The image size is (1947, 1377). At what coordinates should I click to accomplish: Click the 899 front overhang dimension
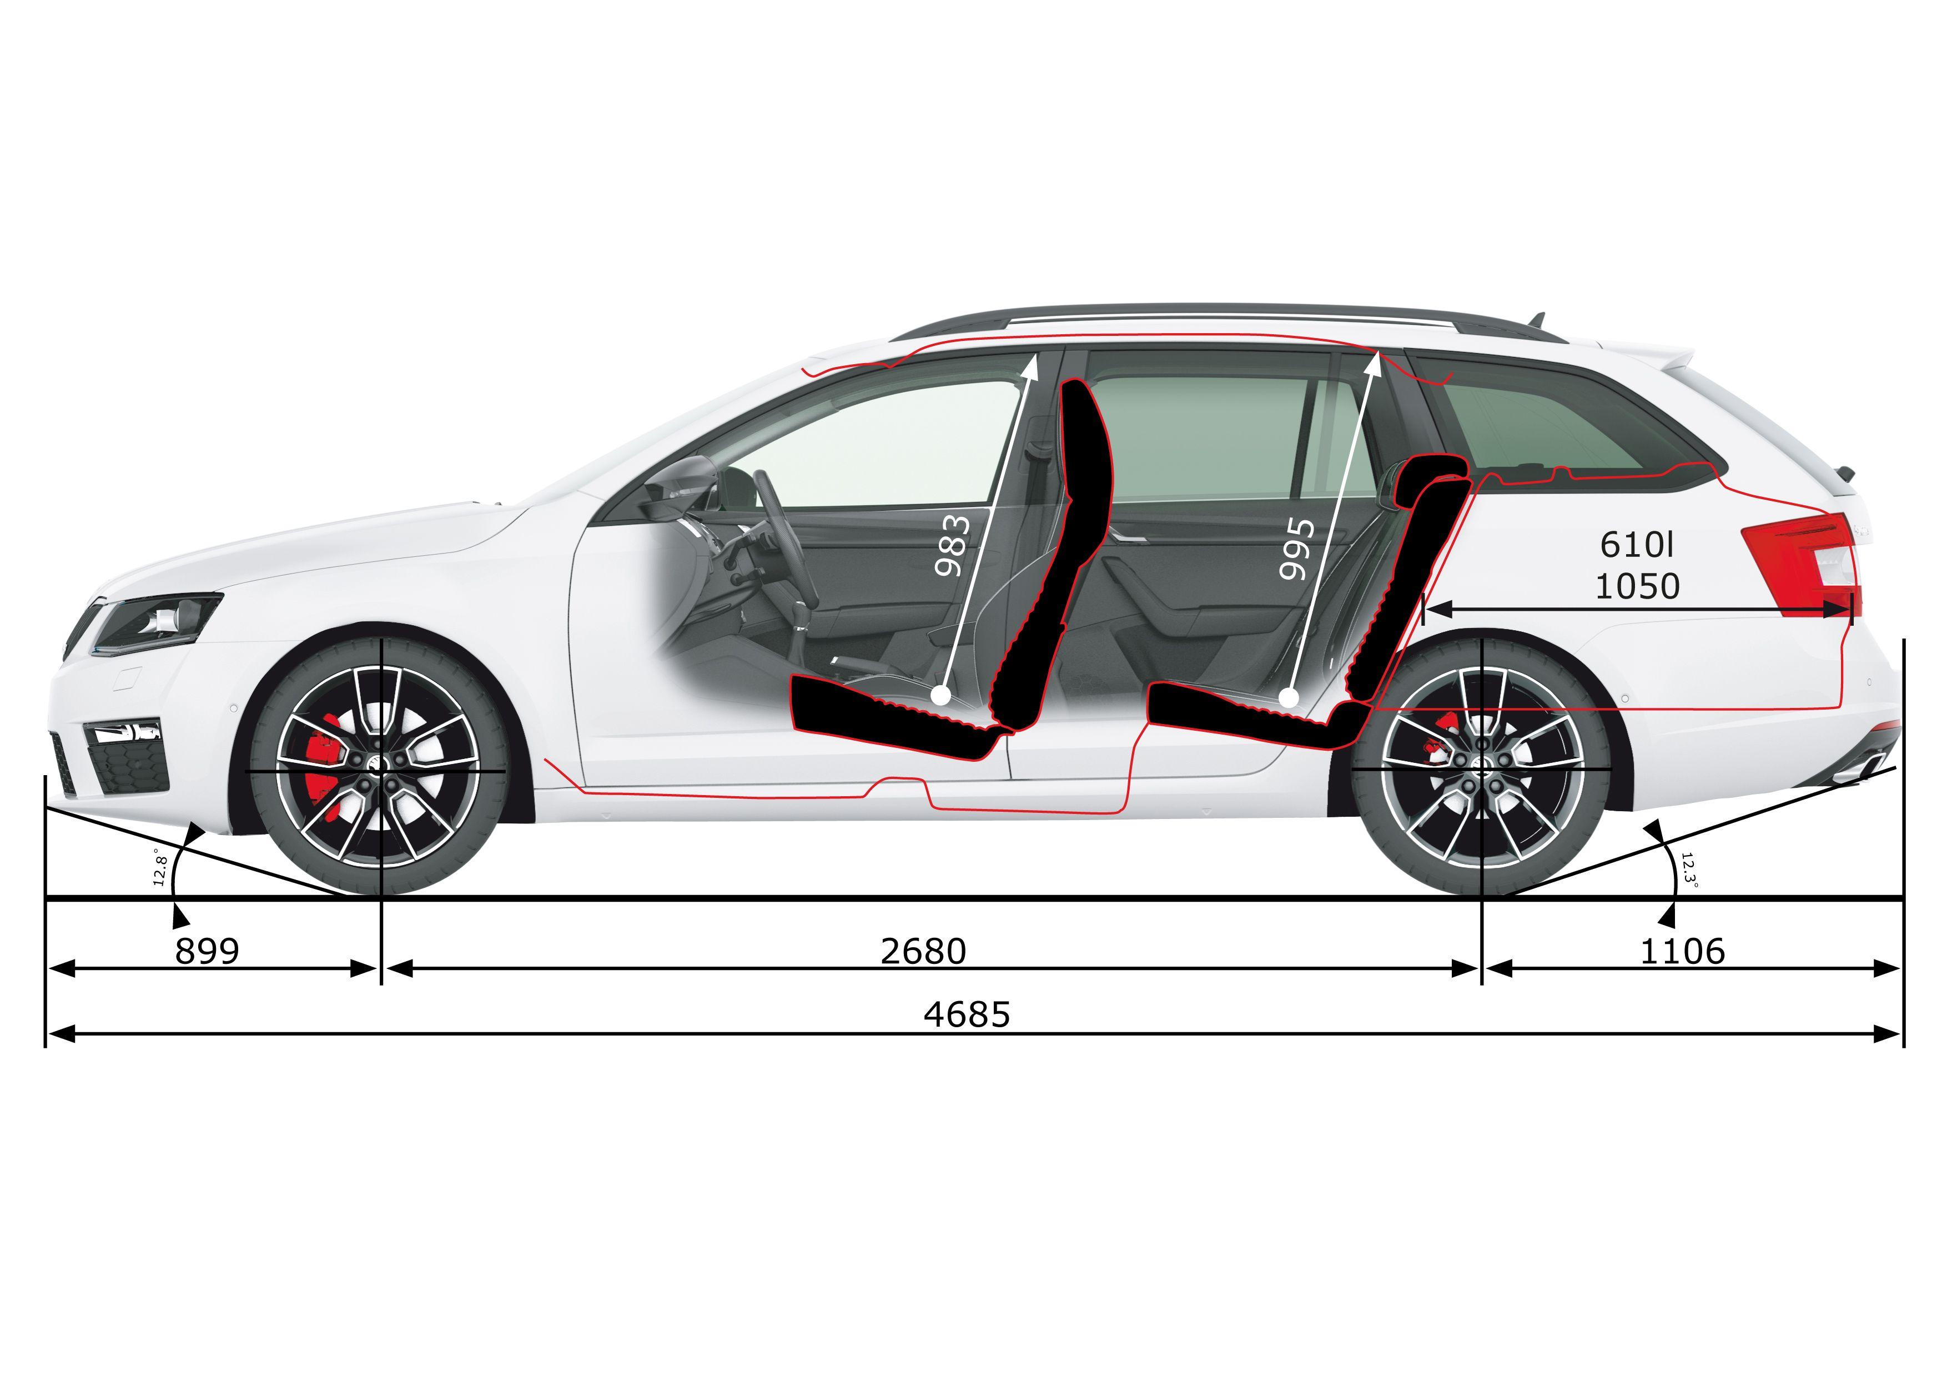pyautogui.click(x=208, y=951)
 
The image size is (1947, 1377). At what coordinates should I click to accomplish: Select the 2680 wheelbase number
pyautogui.click(x=923, y=951)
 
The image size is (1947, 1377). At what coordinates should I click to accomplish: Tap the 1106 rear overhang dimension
pyautogui.click(x=1682, y=951)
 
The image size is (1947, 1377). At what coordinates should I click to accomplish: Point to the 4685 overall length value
pyautogui.click(x=968, y=1014)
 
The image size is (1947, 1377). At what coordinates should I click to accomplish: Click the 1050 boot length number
pyautogui.click(x=1637, y=586)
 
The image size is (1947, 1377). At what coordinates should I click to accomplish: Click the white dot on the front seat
pyautogui.click(x=939, y=697)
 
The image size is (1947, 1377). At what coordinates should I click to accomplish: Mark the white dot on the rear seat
pyautogui.click(x=1288, y=698)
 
